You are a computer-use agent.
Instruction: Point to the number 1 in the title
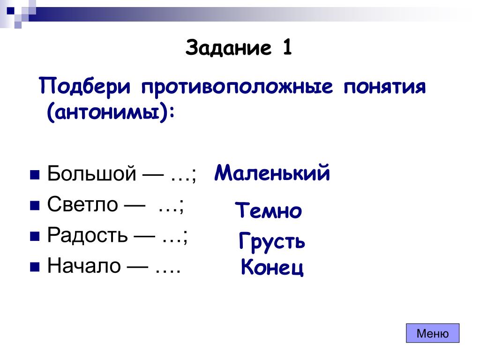287,47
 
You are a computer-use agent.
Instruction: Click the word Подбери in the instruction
85,86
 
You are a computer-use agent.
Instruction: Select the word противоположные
237,87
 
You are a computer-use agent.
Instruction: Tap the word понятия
384,87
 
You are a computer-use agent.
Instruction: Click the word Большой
91,173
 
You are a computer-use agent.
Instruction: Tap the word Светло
82,204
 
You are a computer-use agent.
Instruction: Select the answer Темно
269,210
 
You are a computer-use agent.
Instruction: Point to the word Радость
87,235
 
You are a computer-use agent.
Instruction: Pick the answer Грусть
272,241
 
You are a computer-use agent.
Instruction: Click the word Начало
84,265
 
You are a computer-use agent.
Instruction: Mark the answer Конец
272,267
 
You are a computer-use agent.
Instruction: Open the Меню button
433,333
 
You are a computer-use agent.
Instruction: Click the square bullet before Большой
35,175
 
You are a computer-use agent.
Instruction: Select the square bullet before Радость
35,236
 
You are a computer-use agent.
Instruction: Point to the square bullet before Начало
35,267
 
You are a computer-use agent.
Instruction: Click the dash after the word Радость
144,237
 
